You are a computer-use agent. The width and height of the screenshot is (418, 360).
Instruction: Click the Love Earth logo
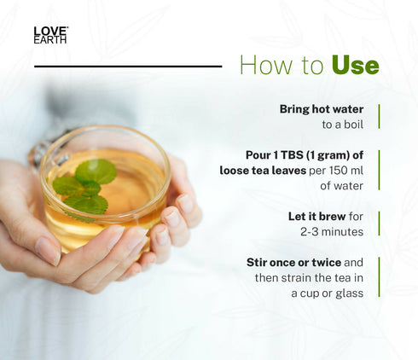50,35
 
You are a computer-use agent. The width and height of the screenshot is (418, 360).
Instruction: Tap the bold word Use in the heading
354,65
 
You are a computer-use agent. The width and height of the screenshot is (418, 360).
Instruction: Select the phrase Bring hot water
322,109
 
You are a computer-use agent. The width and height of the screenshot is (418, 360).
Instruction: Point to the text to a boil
343,125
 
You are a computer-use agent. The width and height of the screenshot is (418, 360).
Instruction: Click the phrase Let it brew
311,216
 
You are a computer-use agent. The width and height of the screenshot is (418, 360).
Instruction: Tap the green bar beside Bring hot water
378,116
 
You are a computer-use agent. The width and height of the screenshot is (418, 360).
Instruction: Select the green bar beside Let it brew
378,224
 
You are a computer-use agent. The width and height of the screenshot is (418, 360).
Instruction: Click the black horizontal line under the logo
128,66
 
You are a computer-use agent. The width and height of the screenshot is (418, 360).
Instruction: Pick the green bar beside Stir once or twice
378,277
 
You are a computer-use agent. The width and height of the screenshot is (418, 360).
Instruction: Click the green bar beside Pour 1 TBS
378,170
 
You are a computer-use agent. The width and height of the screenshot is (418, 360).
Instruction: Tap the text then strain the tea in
310,278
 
